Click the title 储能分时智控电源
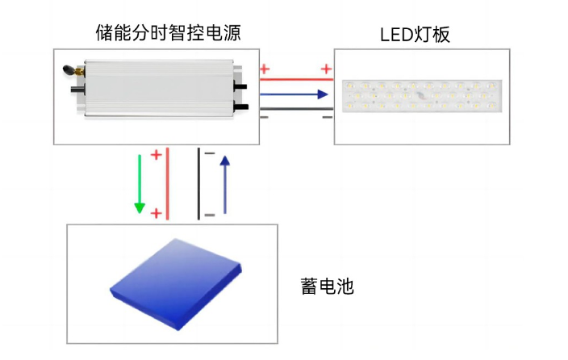[168, 33]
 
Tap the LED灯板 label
[415, 35]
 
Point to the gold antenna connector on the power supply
[68, 70]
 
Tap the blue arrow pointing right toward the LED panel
[295, 94]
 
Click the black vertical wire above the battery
[198, 183]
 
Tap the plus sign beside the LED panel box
[326, 69]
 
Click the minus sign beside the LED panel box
[326, 118]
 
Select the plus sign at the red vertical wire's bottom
[157, 213]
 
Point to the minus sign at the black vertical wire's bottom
[210, 215]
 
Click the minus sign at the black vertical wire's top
[210, 153]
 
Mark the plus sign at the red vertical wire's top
[157, 153]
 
